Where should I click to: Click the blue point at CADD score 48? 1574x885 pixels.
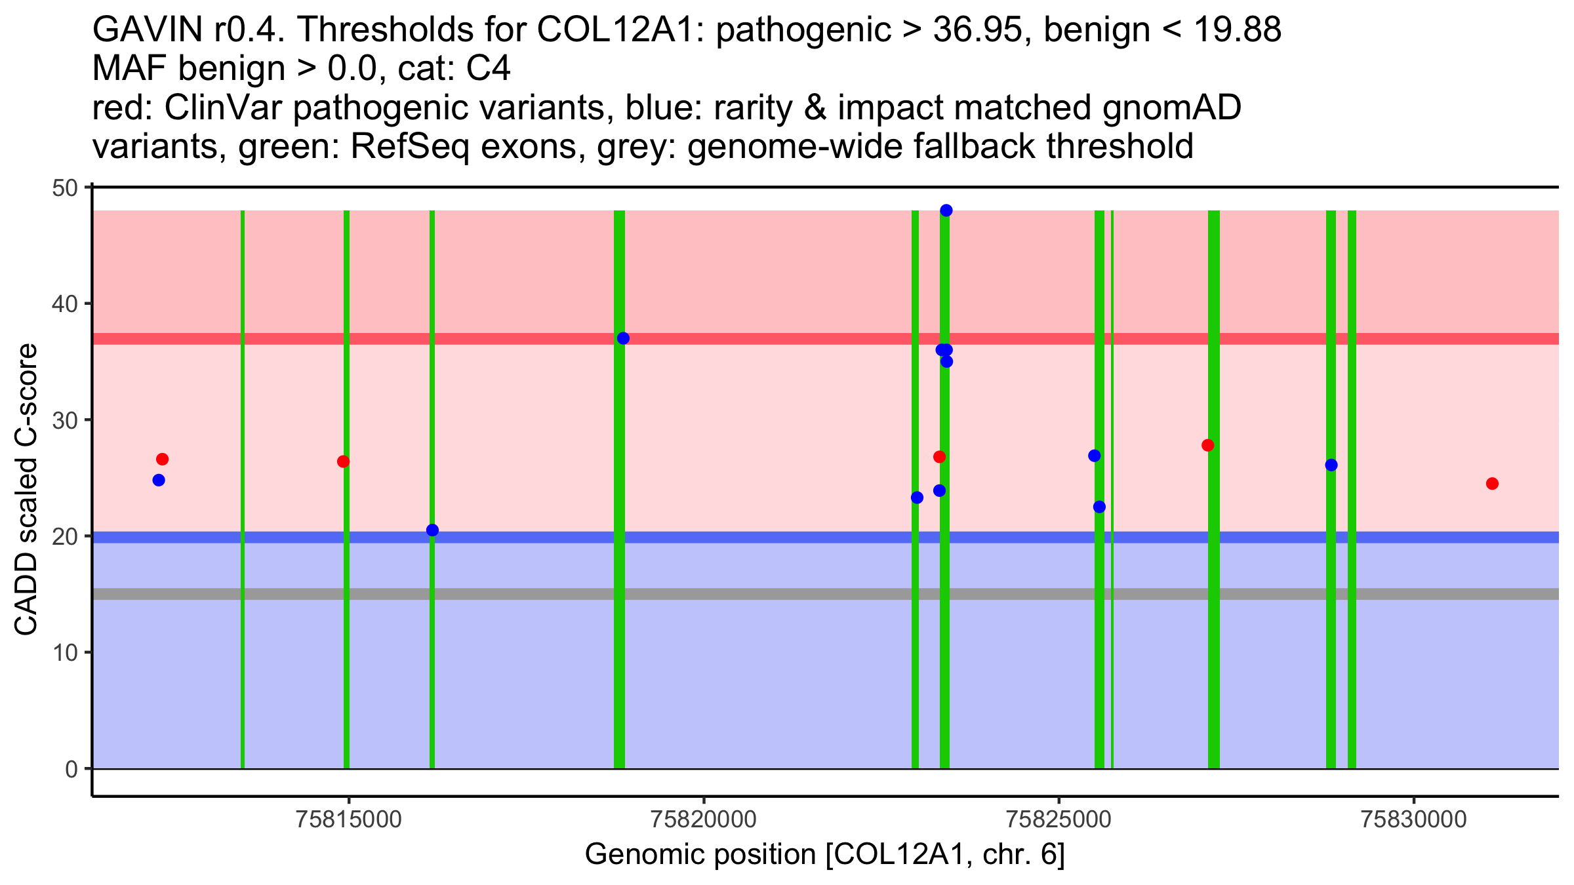(x=946, y=210)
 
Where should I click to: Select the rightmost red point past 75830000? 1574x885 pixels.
(x=1492, y=484)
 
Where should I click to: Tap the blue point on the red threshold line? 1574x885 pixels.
(x=623, y=338)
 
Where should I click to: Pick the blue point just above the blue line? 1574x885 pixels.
(x=432, y=530)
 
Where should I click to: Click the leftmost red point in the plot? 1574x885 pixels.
(x=162, y=459)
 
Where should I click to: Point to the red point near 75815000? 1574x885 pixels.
(x=343, y=462)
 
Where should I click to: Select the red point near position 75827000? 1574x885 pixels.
(x=1207, y=445)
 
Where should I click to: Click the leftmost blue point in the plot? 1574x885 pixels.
(x=159, y=480)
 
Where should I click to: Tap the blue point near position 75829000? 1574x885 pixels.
(x=1331, y=465)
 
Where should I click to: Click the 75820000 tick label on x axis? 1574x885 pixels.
(x=704, y=820)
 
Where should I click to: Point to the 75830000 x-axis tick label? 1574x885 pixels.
(x=1413, y=820)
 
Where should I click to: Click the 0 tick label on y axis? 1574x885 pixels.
(x=71, y=769)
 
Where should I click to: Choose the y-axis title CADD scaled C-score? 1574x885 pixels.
(x=26, y=490)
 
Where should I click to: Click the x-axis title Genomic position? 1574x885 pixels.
(x=824, y=855)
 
